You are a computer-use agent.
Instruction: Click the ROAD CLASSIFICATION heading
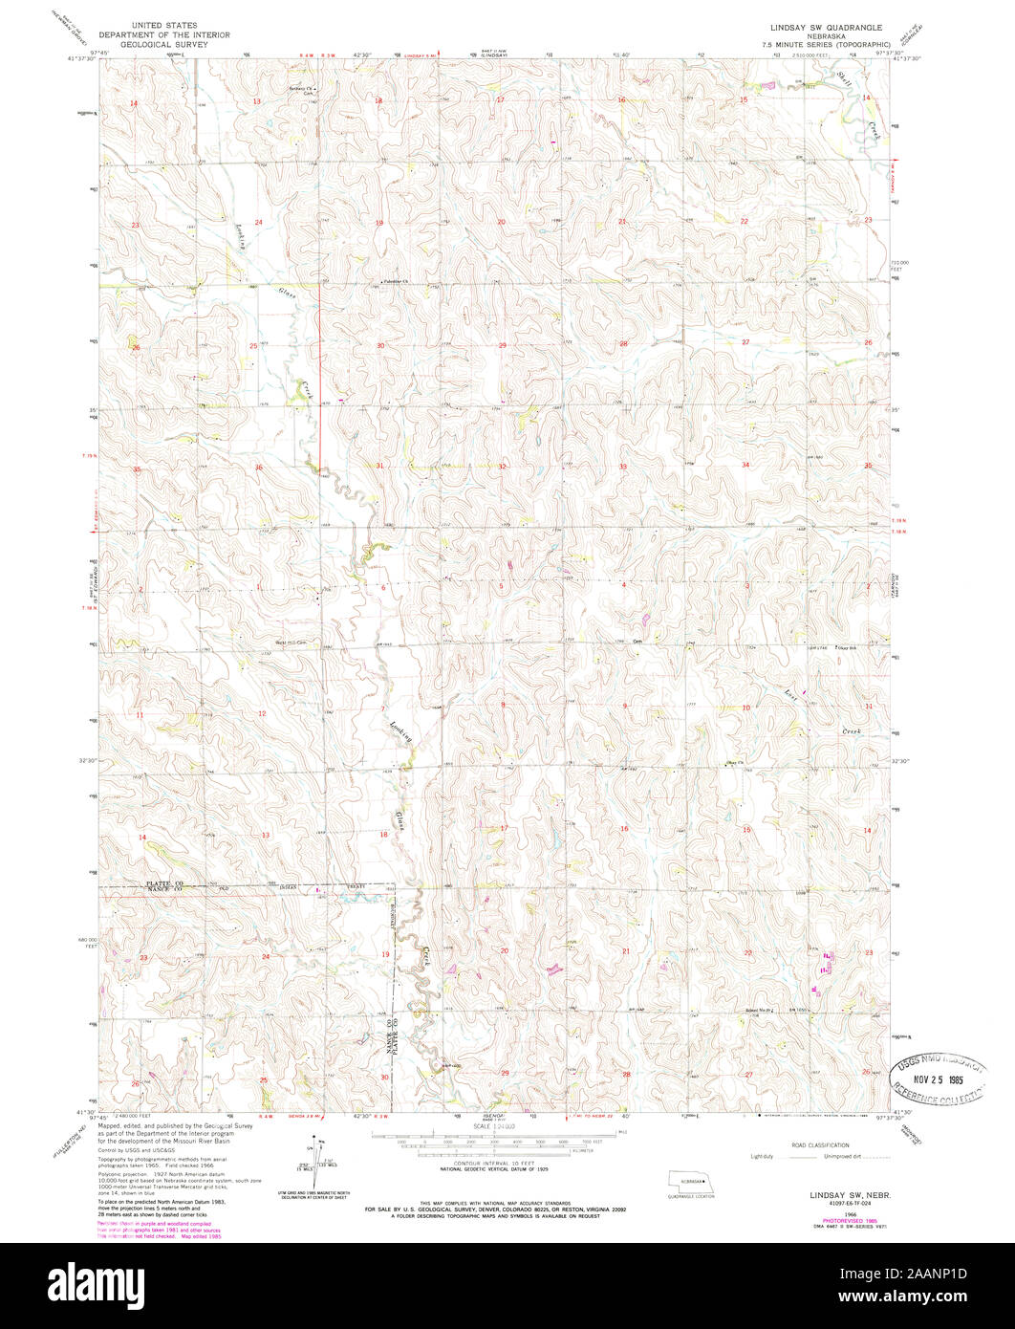coord(819,1144)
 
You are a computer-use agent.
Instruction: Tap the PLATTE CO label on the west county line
coord(163,883)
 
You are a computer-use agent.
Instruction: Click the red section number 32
coord(501,466)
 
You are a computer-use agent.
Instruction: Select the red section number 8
coord(503,705)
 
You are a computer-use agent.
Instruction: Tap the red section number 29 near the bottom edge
coord(505,1074)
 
